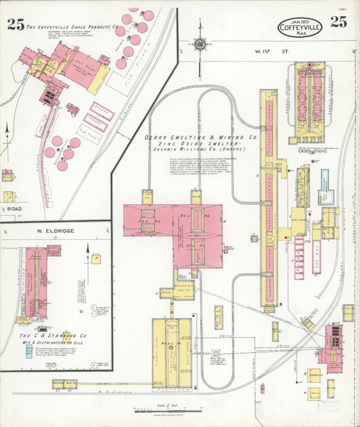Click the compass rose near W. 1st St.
(200, 45)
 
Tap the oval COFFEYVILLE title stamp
(299, 27)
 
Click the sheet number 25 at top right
(339, 22)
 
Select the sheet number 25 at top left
(16, 25)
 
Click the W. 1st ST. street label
(247, 51)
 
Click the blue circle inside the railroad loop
(215, 353)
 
